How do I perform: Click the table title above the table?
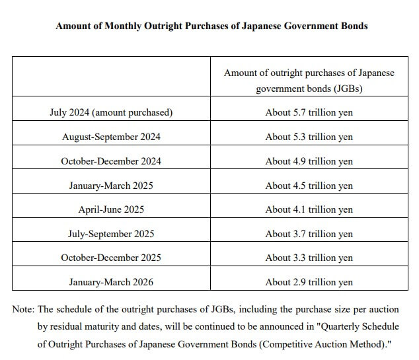click(211, 26)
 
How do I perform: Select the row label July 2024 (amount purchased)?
click(111, 112)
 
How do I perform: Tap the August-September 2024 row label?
click(111, 137)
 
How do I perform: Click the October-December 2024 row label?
click(111, 161)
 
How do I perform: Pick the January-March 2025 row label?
click(111, 186)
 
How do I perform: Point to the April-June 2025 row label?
click(111, 209)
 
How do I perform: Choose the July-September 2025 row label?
click(111, 234)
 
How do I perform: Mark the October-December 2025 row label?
click(111, 258)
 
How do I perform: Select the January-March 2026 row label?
click(111, 282)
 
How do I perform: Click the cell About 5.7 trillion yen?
click(309, 112)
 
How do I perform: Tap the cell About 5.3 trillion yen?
click(309, 137)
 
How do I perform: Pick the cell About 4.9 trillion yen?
click(309, 161)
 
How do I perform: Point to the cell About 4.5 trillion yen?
click(309, 186)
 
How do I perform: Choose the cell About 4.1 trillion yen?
click(309, 209)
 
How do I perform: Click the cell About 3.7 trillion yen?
click(309, 234)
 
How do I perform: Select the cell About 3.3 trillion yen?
click(309, 258)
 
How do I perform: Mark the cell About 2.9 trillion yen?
click(309, 282)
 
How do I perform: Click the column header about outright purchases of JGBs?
click(309, 80)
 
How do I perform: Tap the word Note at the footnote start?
click(23, 309)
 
